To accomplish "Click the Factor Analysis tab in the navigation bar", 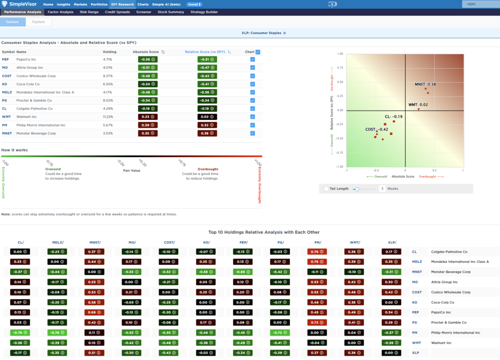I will [x=61, y=12].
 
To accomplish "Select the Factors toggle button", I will [x=39, y=22].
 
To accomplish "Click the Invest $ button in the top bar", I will [x=194, y=4].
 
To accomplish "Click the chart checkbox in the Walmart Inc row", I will [x=252, y=117].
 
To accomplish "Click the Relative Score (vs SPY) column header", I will [x=205, y=52].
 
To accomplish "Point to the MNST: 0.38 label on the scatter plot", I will [x=425, y=84].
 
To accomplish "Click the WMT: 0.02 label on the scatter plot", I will [x=418, y=105].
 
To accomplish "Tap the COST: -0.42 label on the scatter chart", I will [x=376, y=129].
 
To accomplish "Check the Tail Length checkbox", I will [x=326, y=189].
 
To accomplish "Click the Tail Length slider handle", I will [x=357, y=189].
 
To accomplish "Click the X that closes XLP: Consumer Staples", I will [x=285, y=33].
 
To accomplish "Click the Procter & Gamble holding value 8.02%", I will [x=108, y=100].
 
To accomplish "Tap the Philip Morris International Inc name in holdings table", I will [x=41, y=125].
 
